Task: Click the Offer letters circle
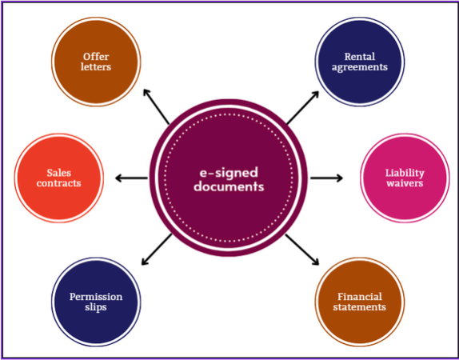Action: [97, 62]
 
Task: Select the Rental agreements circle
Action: [359, 62]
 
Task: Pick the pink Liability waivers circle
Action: [404, 178]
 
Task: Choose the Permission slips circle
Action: [96, 301]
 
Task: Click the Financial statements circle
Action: [361, 301]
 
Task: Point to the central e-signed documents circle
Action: [229, 178]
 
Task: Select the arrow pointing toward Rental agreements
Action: [302, 107]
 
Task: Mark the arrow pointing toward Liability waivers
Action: [326, 178]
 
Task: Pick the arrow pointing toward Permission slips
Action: [156, 250]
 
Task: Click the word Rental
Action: [360, 57]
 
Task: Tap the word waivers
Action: [404, 183]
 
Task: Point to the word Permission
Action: [96, 296]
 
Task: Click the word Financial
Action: [361, 296]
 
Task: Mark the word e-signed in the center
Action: [229, 171]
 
